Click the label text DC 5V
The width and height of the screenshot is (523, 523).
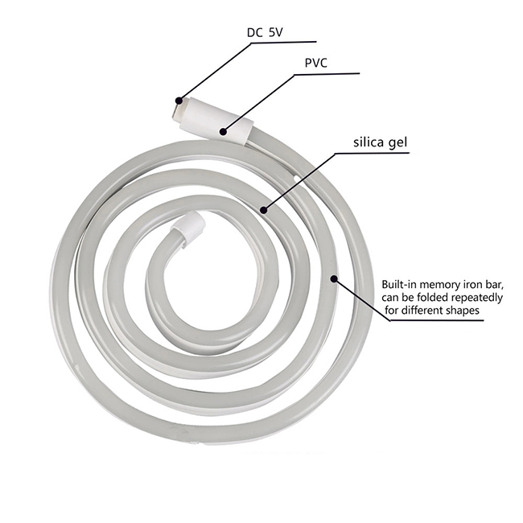click(x=265, y=32)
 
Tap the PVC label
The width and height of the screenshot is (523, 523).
click(x=316, y=63)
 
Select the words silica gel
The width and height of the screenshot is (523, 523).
click(x=381, y=142)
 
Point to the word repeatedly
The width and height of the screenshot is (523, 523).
click(x=476, y=297)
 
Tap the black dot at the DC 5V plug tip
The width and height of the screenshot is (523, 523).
click(x=179, y=101)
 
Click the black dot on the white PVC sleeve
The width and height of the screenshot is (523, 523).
click(x=223, y=132)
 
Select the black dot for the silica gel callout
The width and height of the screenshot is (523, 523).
click(x=264, y=210)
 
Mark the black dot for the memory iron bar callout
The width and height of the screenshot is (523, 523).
click(x=334, y=278)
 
